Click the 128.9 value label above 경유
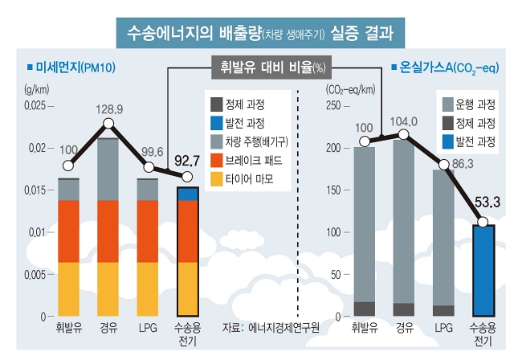pos(109,109)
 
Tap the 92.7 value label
pos(187,161)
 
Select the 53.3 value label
pos(487,202)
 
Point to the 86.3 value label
pos(463,164)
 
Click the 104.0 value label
pos(403,121)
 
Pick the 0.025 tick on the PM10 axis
pos(35,105)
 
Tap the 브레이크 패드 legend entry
pos(247,161)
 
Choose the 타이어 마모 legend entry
pos(242,179)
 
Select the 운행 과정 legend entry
pos(469,104)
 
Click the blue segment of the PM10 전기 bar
pos(187,194)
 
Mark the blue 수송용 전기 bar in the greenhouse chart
pos(483,271)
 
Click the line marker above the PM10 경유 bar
pos(108,124)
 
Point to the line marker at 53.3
pos(483,222)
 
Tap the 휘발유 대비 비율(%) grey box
pos(271,67)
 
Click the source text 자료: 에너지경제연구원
pos(271,327)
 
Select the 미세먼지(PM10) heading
pos(71,67)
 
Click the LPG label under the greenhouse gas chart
pos(444,328)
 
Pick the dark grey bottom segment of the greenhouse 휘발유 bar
pos(365,309)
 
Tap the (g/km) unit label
pos(37,89)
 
